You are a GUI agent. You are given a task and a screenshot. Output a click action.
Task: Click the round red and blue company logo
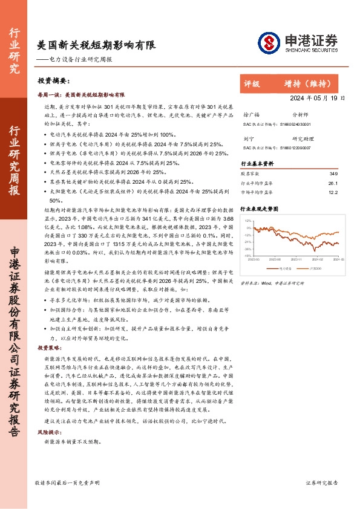pyautogui.click(x=269, y=42)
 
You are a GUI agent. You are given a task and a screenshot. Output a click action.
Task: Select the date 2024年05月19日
pyautogui.click(x=317, y=97)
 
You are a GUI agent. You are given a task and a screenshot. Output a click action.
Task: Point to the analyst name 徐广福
pyautogui.click(x=250, y=114)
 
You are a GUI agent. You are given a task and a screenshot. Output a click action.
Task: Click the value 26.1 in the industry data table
pyautogui.click(x=332, y=183)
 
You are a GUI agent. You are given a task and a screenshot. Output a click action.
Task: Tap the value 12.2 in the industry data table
pyautogui.click(x=332, y=192)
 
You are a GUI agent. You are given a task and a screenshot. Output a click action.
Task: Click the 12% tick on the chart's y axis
pyautogui.click(x=249, y=221)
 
